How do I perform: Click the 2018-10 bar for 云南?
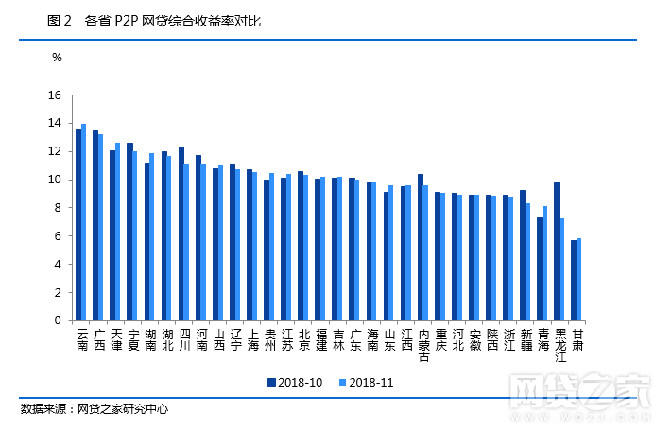(x=78, y=225)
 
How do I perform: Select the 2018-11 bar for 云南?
(x=84, y=222)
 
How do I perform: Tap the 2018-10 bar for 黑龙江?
(x=558, y=251)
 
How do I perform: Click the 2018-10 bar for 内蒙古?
(x=421, y=247)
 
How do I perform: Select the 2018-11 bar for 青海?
(x=545, y=263)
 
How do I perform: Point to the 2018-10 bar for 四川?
(x=181, y=233)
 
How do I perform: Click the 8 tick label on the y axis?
(x=57, y=208)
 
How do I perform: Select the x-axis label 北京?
(x=303, y=339)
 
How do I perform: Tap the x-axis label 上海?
(x=252, y=339)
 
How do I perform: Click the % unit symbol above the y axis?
(x=57, y=57)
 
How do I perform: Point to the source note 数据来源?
(x=45, y=409)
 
